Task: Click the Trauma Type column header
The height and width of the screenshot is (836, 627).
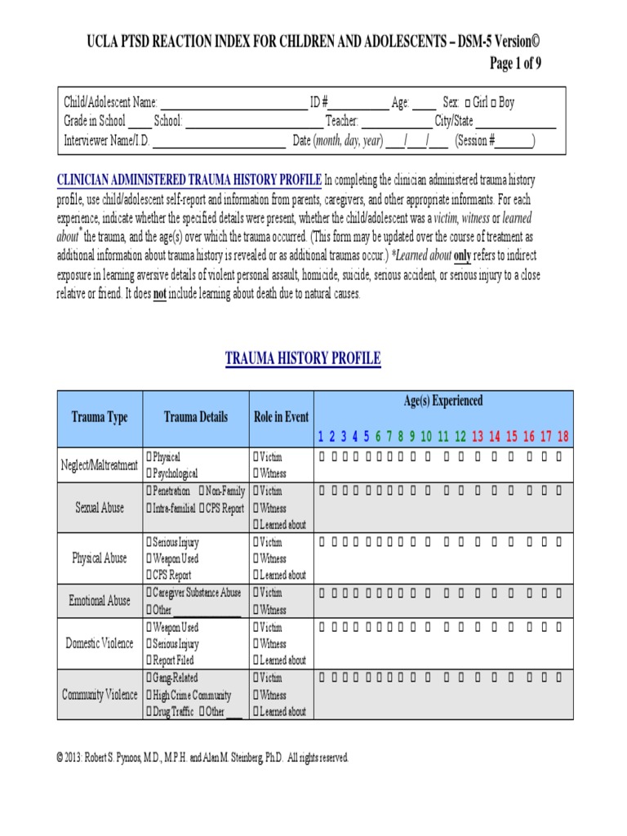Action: click(x=100, y=417)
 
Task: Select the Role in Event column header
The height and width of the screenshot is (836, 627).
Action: click(x=281, y=416)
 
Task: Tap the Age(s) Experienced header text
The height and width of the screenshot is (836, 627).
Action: click(x=442, y=401)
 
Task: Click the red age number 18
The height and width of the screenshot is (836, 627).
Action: click(x=563, y=436)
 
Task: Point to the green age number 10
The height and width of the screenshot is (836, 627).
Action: click(x=425, y=436)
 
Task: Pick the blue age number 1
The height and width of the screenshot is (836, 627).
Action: click(x=321, y=436)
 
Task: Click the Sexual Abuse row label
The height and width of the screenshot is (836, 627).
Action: click(x=100, y=508)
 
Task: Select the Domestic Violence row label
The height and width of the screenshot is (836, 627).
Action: click(x=100, y=643)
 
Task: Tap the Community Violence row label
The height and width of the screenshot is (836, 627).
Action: click(x=100, y=695)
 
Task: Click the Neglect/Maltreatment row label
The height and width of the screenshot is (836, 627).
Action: click(x=100, y=465)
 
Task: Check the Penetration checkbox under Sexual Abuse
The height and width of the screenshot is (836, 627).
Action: click(x=148, y=491)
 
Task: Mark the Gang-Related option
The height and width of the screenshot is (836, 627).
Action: click(x=148, y=678)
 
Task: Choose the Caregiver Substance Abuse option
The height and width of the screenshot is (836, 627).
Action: click(x=148, y=592)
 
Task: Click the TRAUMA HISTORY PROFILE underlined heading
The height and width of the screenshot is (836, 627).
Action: click(x=303, y=358)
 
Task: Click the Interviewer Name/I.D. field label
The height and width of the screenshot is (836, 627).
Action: click(x=107, y=140)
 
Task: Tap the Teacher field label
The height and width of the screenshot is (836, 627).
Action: click(x=342, y=122)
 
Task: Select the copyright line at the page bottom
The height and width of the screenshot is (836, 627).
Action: click(x=202, y=758)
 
